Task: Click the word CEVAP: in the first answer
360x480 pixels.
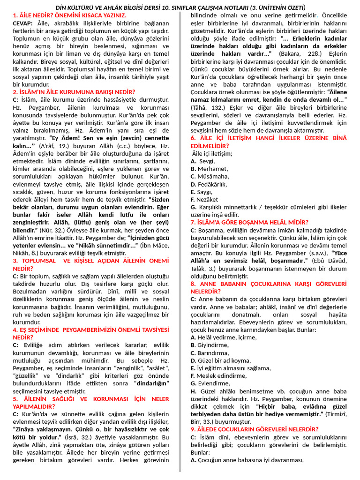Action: (x=22, y=23)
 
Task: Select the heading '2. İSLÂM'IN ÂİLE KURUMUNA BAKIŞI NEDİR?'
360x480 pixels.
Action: (x=74, y=92)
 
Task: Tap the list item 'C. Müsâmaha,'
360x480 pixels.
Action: (x=210, y=176)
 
